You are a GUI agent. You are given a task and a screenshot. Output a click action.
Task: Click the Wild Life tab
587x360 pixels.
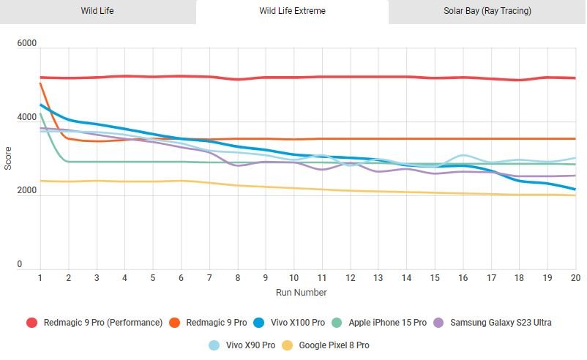click(97, 11)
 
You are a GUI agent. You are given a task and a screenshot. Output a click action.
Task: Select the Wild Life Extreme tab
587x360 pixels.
click(293, 11)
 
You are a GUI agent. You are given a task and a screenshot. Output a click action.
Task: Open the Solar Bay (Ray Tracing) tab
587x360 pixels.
click(487, 11)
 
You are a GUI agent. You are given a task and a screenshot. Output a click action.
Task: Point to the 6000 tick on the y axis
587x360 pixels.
click(27, 45)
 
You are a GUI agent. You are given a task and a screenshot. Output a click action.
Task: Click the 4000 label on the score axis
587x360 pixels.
click(27, 119)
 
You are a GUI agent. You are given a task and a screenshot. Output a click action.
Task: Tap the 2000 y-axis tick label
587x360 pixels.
click(27, 192)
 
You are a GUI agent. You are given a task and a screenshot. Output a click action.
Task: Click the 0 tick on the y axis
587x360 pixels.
click(31, 265)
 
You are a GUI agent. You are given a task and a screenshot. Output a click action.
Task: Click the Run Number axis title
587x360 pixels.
click(301, 292)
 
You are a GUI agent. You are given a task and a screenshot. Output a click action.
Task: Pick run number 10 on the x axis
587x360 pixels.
click(293, 279)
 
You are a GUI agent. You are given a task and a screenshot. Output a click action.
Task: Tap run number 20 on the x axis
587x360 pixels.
click(575, 279)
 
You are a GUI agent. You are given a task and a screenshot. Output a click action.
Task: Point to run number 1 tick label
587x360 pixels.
click(40, 279)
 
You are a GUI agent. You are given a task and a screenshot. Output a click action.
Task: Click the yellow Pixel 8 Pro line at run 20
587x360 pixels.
click(575, 195)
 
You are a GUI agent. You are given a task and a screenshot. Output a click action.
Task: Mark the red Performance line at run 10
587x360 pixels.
click(293, 78)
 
